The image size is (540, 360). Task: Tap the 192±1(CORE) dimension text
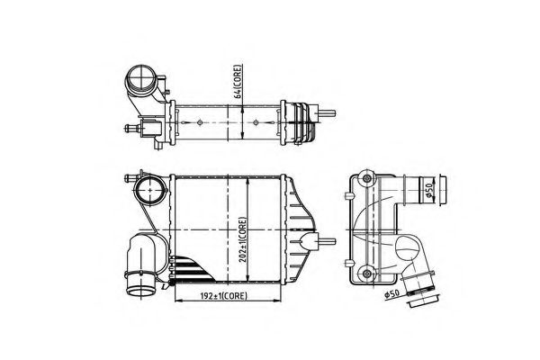point(214,294)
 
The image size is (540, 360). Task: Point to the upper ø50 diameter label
point(431,189)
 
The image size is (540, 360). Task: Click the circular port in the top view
point(141,78)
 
